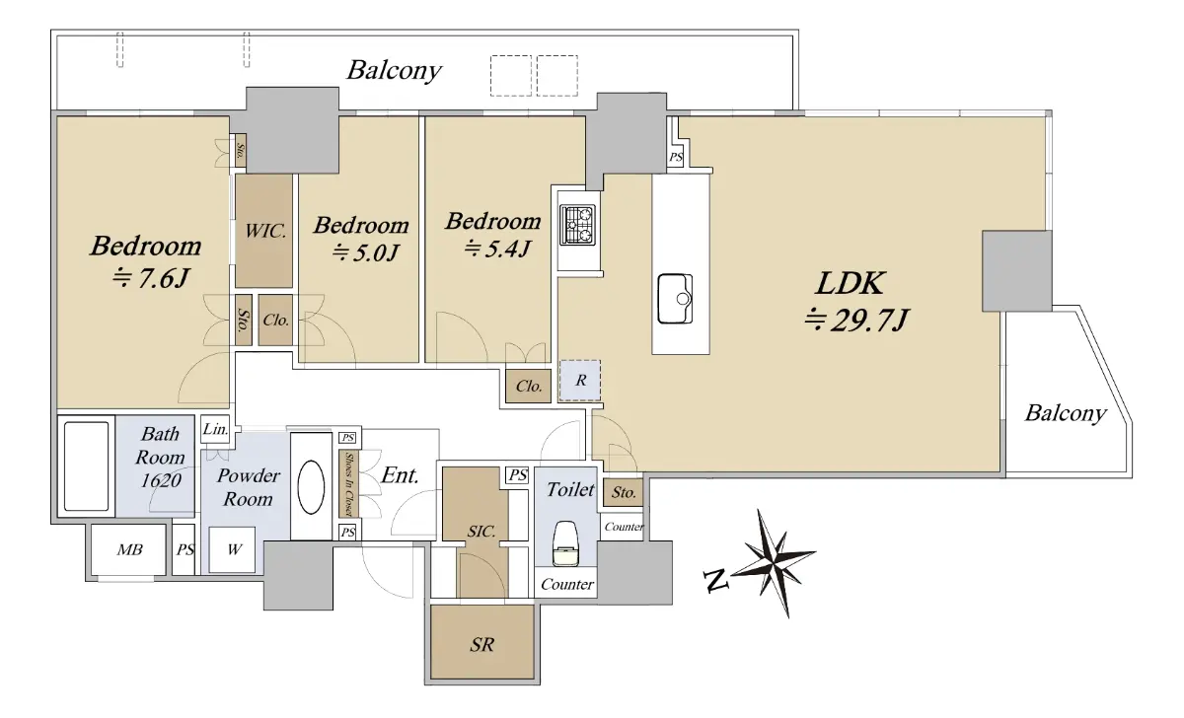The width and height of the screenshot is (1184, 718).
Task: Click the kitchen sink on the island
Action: tap(675, 299)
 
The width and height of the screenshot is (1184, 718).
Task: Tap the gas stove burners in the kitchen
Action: tap(578, 225)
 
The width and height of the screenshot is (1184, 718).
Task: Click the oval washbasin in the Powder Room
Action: tap(311, 486)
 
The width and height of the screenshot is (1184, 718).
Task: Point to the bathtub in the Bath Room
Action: tap(86, 466)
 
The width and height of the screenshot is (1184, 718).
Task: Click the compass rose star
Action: tap(774, 563)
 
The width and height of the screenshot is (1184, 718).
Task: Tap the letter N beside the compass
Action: tap(716, 581)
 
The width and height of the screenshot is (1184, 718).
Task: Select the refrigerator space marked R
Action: tap(580, 381)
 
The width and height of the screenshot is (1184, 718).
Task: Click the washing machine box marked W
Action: tap(233, 549)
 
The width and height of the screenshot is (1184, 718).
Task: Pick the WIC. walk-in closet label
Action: tap(265, 231)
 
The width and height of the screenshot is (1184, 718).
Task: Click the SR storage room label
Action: tap(481, 645)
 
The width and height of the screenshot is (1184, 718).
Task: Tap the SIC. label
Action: tap(481, 531)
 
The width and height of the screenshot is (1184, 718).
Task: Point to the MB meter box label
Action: tap(129, 550)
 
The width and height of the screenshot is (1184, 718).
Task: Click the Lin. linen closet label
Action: tap(216, 429)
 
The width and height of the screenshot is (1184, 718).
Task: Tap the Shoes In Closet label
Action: tap(349, 484)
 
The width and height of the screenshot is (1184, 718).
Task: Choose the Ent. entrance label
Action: tap(401, 475)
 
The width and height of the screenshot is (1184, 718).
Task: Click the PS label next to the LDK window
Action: tap(676, 157)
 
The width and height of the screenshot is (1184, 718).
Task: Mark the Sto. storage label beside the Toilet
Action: tap(624, 493)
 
